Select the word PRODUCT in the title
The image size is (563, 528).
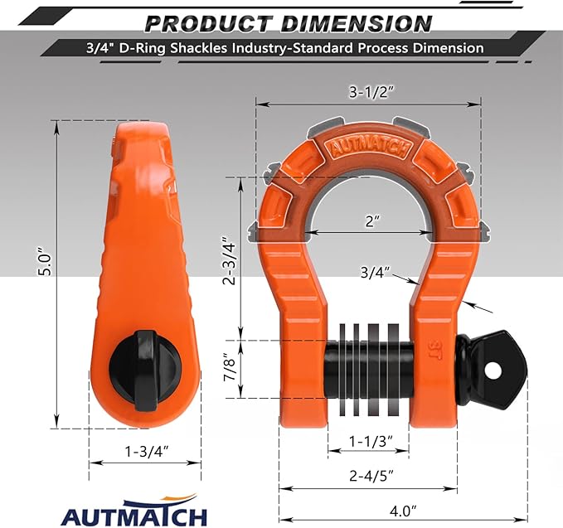tap(202, 22)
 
